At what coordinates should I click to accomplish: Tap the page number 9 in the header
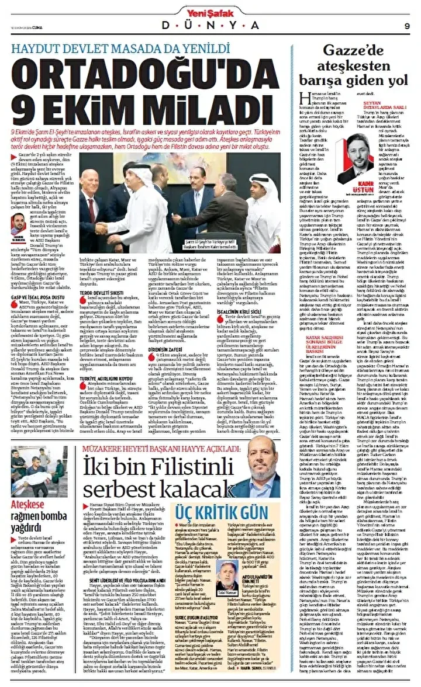click(x=406, y=25)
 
